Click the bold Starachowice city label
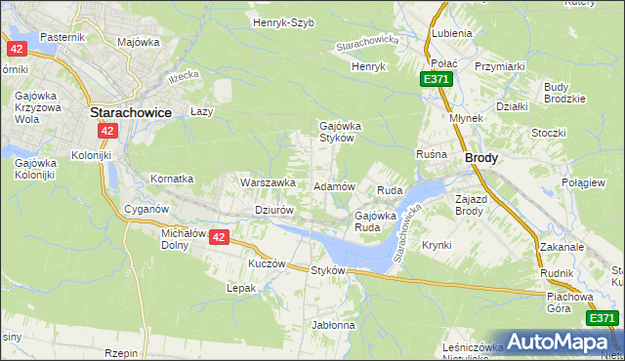point(131,112)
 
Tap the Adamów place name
point(334,185)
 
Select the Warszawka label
point(268,182)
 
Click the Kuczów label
point(267,263)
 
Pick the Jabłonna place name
point(333,324)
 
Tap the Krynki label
point(437,245)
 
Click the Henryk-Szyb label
point(283,22)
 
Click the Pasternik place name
point(63,36)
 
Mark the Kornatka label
point(172,180)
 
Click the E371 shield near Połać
point(437,79)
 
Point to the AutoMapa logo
point(561,341)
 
